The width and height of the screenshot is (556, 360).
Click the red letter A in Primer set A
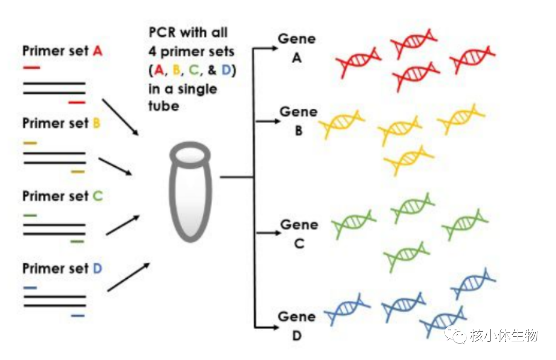tap(98, 51)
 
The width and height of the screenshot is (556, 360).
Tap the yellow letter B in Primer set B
tap(97, 123)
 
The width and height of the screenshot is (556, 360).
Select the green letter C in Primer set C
tap(98, 196)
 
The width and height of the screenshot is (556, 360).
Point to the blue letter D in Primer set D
tap(98, 268)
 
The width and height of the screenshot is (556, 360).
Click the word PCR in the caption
tap(162, 32)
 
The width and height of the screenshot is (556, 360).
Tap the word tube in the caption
tap(164, 106)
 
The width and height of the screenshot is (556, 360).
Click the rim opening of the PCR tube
tap(190, 155)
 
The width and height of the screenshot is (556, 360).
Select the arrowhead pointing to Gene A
tap(275, 48)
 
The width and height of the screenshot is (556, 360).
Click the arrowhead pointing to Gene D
tap(275, 328)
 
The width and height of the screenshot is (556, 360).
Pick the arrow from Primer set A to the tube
tap(120, 117)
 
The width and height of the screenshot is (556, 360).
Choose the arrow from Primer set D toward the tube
tap(128, 277)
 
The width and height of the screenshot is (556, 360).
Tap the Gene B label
tap(299, 122)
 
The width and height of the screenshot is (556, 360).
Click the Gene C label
tap(299, 234)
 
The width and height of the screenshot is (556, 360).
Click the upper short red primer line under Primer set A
tap(32, 67)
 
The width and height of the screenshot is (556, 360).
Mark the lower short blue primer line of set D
tap(78, 316)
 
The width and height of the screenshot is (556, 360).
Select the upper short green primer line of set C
tap(30, 215)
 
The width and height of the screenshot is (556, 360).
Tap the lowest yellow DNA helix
tap(409, 160)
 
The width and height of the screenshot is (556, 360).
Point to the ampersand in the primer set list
tap(212, 70)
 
